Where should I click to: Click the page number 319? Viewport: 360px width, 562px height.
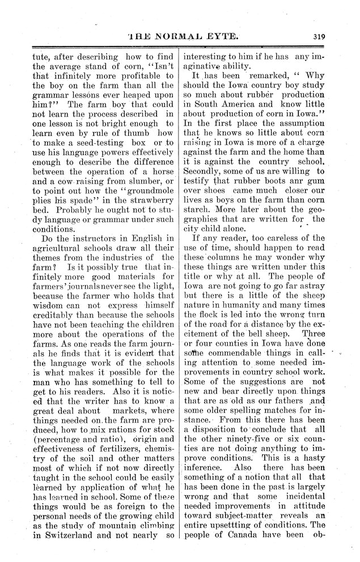(x=317, y=38)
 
